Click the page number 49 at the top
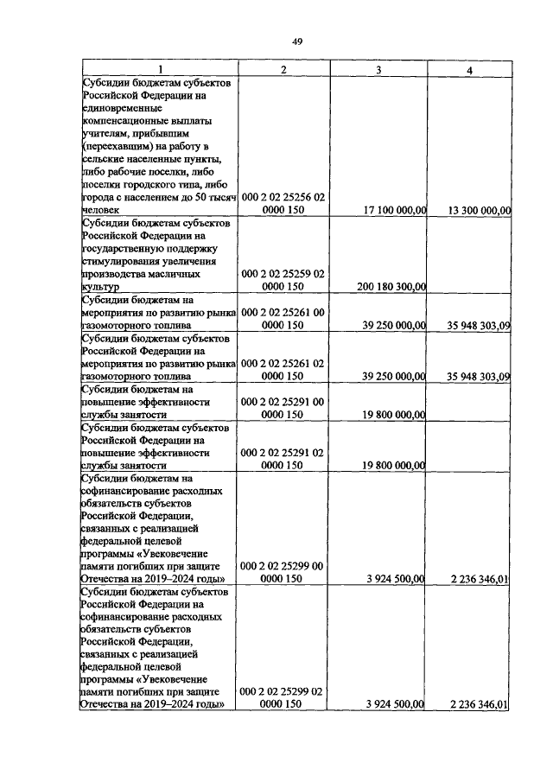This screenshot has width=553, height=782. click(x=296, y=41)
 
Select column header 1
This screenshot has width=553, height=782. click(x=159, y=70)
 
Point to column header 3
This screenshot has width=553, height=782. click(x=378, y=70)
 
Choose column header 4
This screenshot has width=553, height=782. click(x=467, y=70)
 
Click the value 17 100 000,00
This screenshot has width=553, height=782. click(x=383, y=209)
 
